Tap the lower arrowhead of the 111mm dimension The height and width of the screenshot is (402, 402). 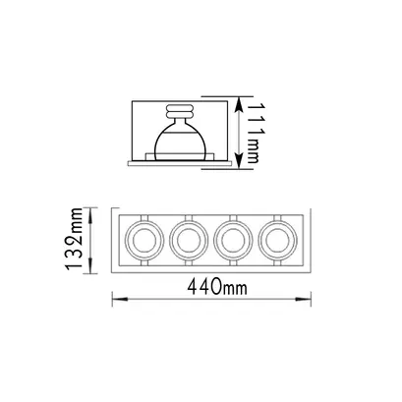240,162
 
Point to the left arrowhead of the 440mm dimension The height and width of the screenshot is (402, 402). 120,299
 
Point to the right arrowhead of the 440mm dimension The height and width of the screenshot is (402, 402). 304,299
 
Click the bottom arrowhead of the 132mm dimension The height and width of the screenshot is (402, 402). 91,266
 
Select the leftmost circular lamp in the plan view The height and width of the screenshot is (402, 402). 144,240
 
